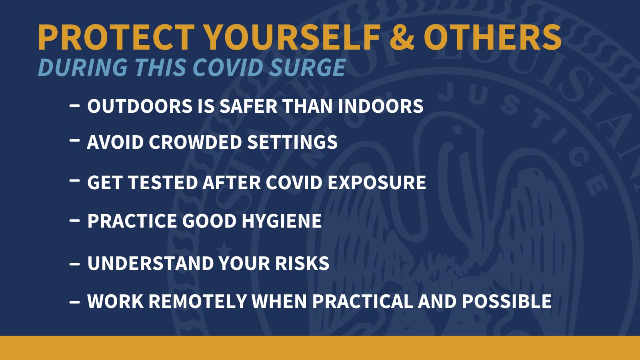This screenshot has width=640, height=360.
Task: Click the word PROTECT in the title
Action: point(116,37)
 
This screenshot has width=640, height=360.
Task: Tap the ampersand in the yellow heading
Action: point(402,37)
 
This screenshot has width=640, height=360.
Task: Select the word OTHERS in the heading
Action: point(492,37)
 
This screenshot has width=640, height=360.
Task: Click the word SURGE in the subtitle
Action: point(308,68)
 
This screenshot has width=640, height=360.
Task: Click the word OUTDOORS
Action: point(140,106)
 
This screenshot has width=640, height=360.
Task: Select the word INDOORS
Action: point(380,106)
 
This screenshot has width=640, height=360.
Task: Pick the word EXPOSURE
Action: point(377,182)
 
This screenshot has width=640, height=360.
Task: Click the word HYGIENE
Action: point(282,220)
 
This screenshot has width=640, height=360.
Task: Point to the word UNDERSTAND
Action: point(151,263)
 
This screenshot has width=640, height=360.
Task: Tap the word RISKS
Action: point(302,263)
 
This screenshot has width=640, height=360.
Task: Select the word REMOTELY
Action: point(198,301)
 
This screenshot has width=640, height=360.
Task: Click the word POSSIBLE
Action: point(506,301)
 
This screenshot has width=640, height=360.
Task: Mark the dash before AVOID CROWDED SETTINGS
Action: point(74,140)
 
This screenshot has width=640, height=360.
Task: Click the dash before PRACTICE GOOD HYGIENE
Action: point(74,220)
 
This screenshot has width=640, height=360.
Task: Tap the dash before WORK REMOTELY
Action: point(74,301)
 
